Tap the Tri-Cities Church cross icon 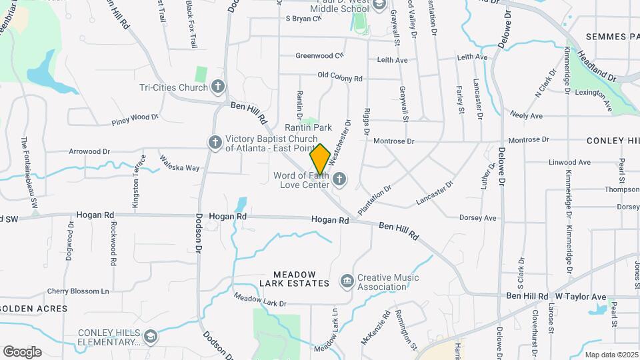217,87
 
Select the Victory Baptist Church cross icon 215,143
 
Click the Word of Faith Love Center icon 339,179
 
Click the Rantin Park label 308,127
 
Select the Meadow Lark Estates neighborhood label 301,279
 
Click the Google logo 22,352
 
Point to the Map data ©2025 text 609,355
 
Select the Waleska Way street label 179,163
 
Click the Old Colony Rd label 339,77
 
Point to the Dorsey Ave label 477,218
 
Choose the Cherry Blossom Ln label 77,291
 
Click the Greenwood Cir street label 319,55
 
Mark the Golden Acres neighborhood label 33,309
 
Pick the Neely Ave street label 526,116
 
